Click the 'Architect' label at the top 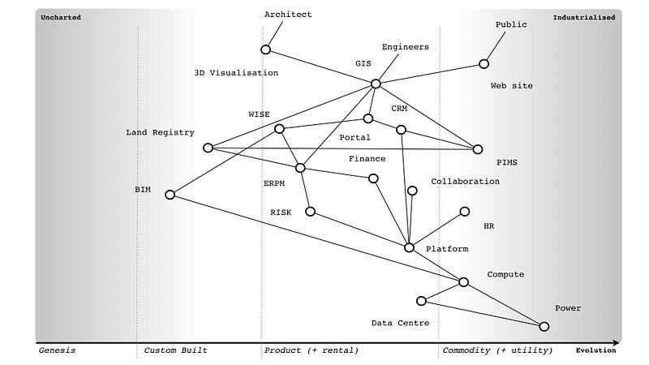click(288, 15)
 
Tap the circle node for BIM click(170, 195)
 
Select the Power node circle click(544, 326)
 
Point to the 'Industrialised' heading click(584, 16)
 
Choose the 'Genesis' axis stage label click(57, 350)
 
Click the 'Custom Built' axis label click(175, 350)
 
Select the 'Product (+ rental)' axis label click(311, 350)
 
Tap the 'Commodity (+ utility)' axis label click(497, 350)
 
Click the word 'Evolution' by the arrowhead click(595, 350)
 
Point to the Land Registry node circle click(208, 148)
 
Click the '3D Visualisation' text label click(236, 73)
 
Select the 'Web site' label click(512, 86)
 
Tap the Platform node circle click(409, 247)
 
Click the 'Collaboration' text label click(465, 182)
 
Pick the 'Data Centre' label click(400, 323)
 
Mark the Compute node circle click(463, 282)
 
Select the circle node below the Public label click(484, 63)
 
